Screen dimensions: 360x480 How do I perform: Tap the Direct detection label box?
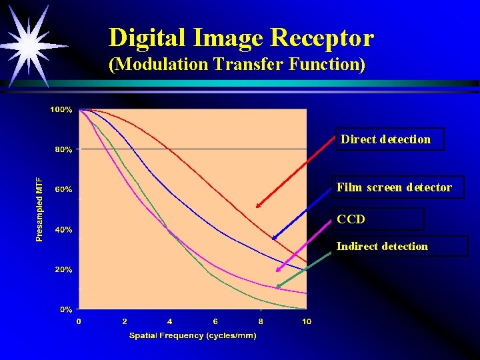(x=389, y=139)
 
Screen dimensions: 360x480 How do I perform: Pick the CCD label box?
(x=379, y=219)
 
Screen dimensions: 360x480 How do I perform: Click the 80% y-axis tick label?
(x=63, y=149)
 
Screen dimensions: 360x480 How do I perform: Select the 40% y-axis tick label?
(x=63, y=230)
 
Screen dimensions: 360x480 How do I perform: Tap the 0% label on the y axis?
(x=66, y=309)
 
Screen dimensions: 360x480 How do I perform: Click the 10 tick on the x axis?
(x=306, y=321)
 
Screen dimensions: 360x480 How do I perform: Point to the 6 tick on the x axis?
(x=215, y=321)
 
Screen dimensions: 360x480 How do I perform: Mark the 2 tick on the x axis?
(x=125, y=321)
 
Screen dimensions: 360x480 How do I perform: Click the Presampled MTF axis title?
(x=40, y=209)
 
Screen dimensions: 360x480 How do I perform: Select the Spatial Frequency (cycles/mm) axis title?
(x=192, y=335)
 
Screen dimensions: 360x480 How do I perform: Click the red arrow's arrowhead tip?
(x=257, y=207)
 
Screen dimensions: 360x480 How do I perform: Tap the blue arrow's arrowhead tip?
(x=272, y=239)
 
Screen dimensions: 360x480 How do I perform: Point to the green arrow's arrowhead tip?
(x=276, y=288)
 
